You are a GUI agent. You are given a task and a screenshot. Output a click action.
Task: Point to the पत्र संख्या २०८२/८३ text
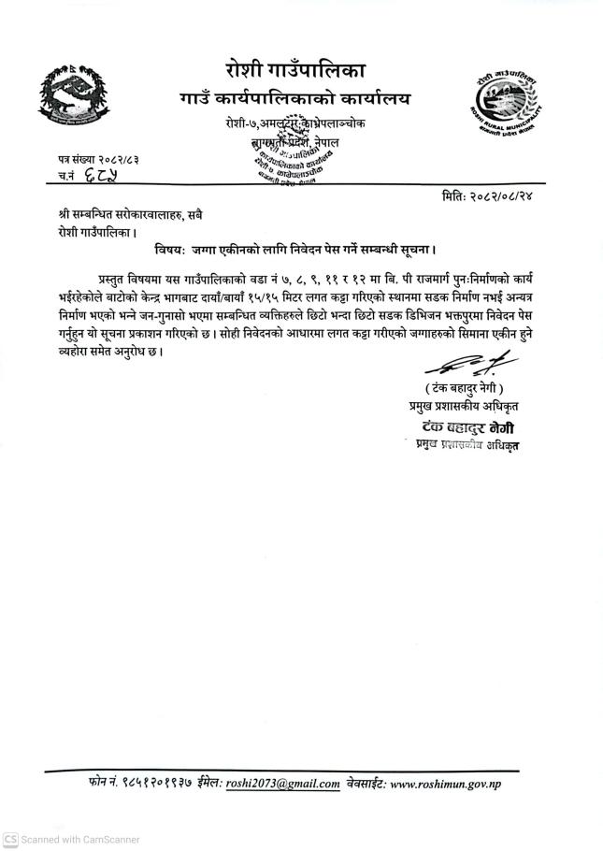click(x=98, y=162)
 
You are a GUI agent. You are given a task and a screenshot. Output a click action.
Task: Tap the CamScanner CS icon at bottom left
click(x=9, y=839)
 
